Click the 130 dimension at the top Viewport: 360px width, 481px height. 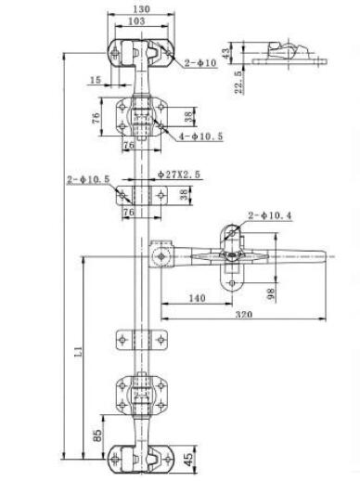tap(141, 9)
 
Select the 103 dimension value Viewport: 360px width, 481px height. tap(136, 21)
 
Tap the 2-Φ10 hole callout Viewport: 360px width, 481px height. tap(200, 63)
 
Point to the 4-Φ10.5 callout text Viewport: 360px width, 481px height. tap(201, 136)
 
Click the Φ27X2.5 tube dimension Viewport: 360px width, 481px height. tap(179, 175)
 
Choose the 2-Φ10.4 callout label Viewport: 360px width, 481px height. tap(270, 215)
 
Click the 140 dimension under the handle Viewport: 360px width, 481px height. tap(197, 298)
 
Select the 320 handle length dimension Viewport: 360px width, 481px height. tap(244, 315)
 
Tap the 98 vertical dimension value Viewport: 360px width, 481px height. tap(270, 292)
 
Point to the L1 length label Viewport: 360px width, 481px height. tap(79, 352)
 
